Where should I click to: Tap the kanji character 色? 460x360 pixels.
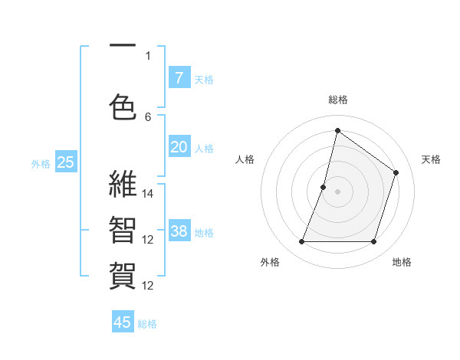[123, 106]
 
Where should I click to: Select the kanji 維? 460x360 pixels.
[123, 185]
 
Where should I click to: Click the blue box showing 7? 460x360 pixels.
[179, 77]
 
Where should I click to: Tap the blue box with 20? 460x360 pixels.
[179, 147]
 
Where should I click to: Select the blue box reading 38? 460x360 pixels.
[179, 231]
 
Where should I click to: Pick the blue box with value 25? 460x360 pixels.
[66, 162]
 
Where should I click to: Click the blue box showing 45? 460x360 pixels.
[123, 322]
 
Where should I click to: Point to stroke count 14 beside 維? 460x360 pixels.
[149, 194]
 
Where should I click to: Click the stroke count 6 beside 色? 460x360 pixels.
[148, 116]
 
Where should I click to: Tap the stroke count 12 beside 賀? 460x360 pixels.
[149, 286]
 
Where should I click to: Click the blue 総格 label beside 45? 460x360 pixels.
[147, 324]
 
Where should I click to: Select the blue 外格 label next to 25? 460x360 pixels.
[41, 163]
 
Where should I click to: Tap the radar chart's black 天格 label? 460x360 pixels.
[432, 159]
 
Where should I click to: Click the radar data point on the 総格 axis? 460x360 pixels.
[337, 130]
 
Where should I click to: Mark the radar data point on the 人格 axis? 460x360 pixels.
[324, 187]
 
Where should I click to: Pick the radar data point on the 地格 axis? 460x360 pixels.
[373, 241]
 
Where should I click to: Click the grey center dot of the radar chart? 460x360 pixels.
[337, 191]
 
